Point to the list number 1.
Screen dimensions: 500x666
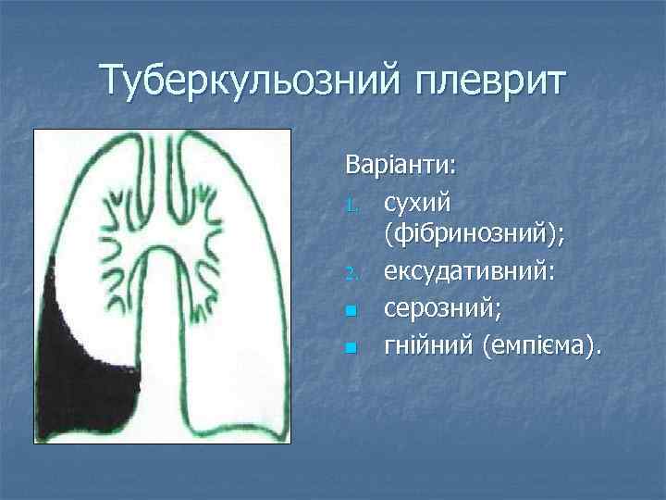[x=351, y=202]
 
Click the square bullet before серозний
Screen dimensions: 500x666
[x=351, y=311]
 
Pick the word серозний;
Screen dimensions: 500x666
[x=440, y=309]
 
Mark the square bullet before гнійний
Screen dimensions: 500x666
[x=351, y=348]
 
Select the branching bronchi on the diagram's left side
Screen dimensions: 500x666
[x=120, y=236]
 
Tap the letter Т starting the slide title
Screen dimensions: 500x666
[x=114, y=81]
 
